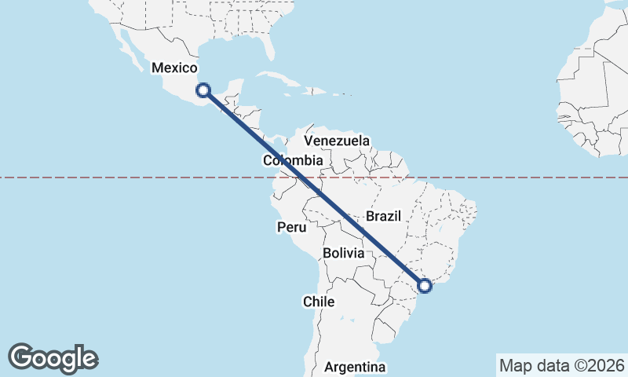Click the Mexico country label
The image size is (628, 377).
173,68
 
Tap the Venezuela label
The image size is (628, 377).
337,141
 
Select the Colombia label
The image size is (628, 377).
293,161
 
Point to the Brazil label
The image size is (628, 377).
383,216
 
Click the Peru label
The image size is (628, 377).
290,227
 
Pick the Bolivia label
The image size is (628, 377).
344,253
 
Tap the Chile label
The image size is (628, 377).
319,302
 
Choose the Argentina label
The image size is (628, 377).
355,367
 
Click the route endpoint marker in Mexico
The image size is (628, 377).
203,90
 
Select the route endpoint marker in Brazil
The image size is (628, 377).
425,286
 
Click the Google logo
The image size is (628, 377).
53,358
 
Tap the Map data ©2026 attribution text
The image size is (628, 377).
561,365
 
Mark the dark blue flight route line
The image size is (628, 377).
314,188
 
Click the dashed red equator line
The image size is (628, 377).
510,178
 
